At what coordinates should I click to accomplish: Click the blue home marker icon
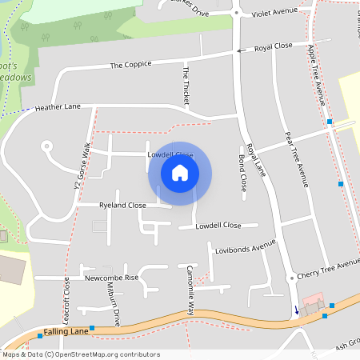[180, 172]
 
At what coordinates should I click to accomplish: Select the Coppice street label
[130, 65]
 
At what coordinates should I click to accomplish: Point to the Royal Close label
[274, 48]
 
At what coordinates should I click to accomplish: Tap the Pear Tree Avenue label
[296, 159]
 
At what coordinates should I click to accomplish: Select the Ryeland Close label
[122, 206]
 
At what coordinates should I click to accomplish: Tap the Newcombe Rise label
[112, 278]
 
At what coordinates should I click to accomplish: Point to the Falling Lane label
[62, 330]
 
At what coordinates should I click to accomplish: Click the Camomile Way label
[191, 289]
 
